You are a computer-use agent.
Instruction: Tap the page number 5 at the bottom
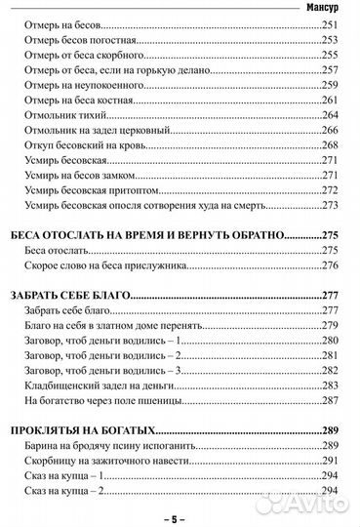click(180, 518)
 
